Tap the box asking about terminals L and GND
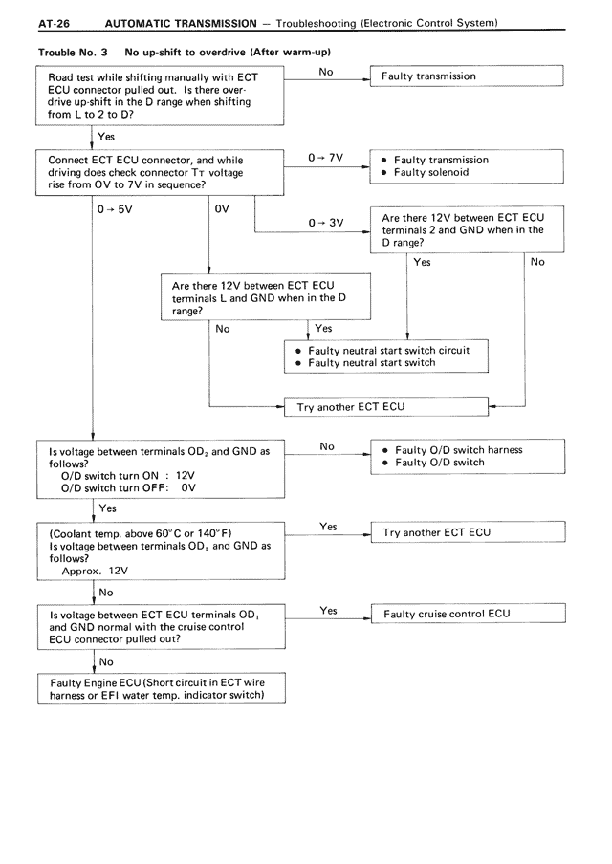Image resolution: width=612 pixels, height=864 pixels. [x=266, y=298]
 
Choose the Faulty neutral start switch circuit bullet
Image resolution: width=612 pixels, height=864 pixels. [x=388, y=351]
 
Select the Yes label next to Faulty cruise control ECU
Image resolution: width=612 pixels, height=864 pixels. [x=328, y=611]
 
